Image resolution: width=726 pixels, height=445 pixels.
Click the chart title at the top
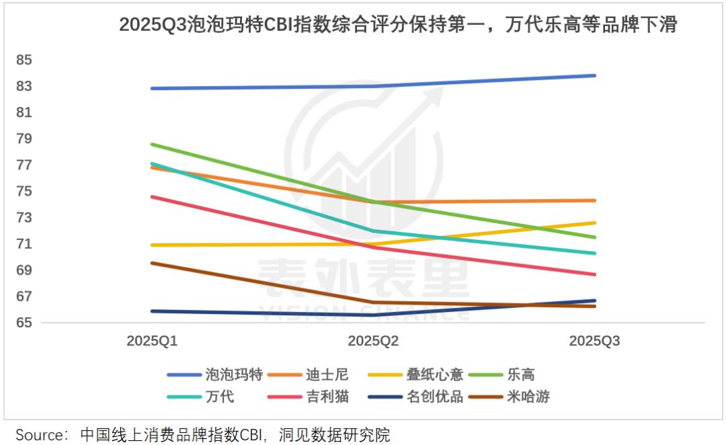(397, 25)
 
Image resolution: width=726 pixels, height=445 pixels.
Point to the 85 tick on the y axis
(24, 60)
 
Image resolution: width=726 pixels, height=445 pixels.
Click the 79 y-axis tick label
(24, 138)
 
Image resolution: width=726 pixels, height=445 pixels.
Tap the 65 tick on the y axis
(24, 323)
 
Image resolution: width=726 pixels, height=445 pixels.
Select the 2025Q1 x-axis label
(152, 341)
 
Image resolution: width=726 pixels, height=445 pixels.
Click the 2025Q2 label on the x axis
(373, 341)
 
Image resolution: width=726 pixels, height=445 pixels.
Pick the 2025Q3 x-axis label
(594, 341)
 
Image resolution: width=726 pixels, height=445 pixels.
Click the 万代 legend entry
(219, 397)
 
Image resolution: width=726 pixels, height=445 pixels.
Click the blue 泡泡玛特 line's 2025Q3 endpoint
(594, 75)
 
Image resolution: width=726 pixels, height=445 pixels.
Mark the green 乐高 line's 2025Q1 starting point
(152, 144)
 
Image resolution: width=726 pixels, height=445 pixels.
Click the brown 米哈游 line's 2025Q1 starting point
(152, 263)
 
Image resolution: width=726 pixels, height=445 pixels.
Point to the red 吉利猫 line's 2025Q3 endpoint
(594, 274)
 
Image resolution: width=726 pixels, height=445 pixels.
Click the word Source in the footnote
(40, 434)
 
